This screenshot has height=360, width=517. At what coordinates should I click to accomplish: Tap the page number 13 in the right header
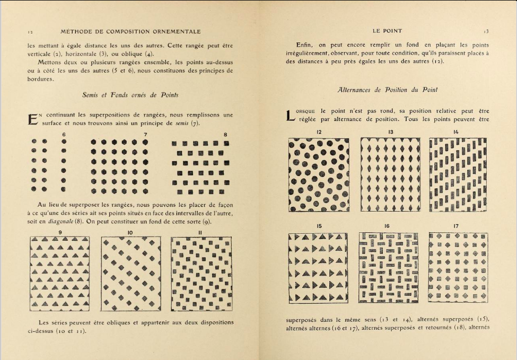click(x=486, y=31)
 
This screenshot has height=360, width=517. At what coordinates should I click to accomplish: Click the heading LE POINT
click(x=388, y=31)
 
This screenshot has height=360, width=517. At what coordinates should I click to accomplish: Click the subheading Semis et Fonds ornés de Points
click(x=130, y=95)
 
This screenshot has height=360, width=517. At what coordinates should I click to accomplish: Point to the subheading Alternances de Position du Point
click(x=387, y=90)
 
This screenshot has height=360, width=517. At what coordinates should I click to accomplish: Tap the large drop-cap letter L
click(x=290, y=116)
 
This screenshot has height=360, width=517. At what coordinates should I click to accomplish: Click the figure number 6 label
click(x=64, y=135)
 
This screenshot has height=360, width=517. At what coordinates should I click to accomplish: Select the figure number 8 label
click(x=225, y=135)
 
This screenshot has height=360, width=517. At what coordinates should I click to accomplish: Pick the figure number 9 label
click(x=60, y=232)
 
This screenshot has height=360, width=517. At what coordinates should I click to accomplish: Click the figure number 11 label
click(x=200, y=232)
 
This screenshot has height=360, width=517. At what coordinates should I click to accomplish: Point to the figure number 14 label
click(x=455, y=131)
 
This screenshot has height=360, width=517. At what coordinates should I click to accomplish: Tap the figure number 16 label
click(x=387, y=226)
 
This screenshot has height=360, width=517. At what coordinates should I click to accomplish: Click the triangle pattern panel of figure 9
click(x=59, y=274)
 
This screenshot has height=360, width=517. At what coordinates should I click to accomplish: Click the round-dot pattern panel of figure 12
click(x=319, y=174)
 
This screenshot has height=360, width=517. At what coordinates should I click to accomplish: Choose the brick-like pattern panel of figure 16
click(x=389, y=267)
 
